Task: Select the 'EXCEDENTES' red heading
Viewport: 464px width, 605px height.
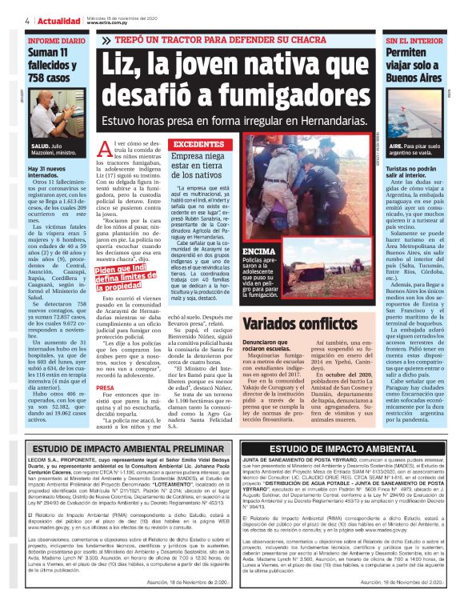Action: pos(198,144)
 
